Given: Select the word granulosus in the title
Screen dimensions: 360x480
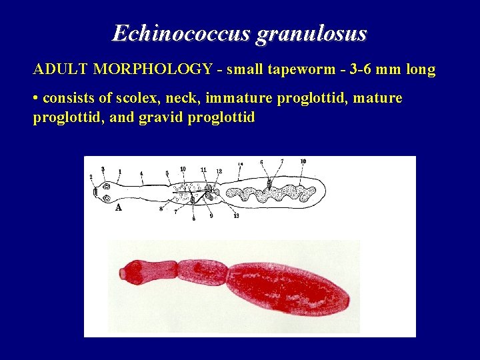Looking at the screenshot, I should coord(311,33).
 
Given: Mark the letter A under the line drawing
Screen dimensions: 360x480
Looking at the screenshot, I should coord(118,207).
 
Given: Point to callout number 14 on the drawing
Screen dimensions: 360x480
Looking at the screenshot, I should coord(240,163).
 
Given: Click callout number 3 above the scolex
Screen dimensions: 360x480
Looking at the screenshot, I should coord(103,169).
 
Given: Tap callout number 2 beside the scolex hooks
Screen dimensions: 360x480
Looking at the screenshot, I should coord(91,177).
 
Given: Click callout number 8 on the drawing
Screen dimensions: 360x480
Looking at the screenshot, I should coord(161,209).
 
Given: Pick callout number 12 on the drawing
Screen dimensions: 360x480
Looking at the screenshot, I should coord(219,171).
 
